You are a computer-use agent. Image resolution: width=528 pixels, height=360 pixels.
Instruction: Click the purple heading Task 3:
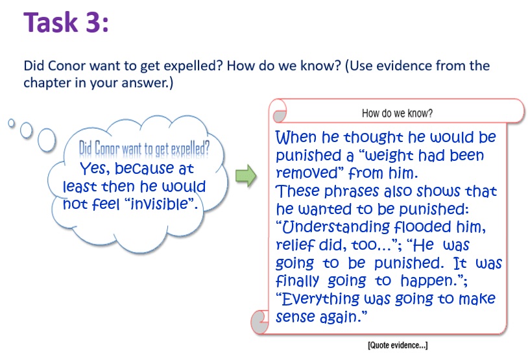tap(66, 23)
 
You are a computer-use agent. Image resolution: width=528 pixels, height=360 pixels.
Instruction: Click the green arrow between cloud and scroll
tap(246, 175)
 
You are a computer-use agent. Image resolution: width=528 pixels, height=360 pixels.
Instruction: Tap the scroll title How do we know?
tap(397, 113)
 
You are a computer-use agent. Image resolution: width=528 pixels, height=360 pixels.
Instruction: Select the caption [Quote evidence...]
tap(398, 345)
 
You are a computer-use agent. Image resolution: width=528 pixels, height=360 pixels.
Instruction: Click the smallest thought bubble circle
tap(12, 123)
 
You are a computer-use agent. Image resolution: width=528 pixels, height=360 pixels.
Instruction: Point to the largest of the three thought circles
tap(47, 139)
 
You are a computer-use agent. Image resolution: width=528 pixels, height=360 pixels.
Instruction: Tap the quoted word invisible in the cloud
tap(159, 204)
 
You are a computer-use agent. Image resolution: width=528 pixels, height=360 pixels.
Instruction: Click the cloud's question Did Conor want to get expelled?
tap(144, 149)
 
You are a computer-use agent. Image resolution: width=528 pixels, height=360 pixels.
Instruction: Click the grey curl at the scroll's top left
tap(280, 117)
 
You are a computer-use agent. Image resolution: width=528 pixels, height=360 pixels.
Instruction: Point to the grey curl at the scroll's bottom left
tap(260, 322)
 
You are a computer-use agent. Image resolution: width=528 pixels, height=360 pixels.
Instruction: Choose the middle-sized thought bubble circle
tap(26, 130)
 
